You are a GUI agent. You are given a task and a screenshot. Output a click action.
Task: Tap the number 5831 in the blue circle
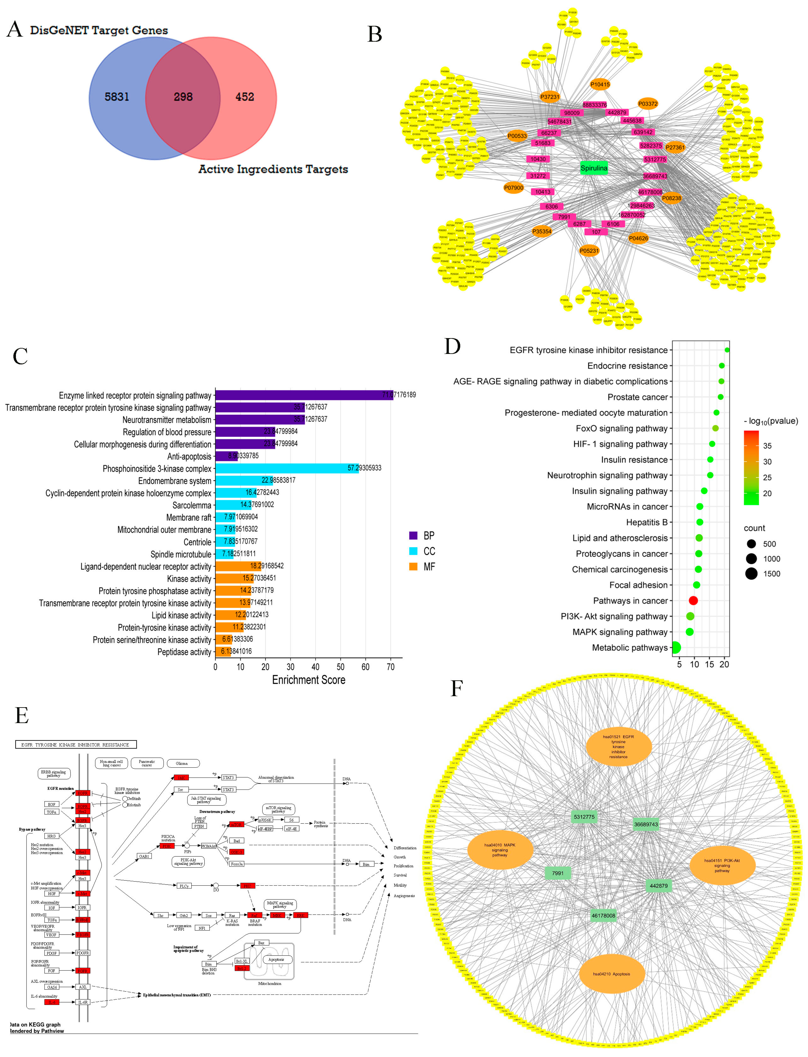click(x=117, y=97)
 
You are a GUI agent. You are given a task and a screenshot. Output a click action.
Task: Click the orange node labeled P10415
click(x=600, y=85)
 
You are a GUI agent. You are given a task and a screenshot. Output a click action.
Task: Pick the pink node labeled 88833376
click(x=595, y=105)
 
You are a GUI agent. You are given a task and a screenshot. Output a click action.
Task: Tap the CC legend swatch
click(x=413, y=551)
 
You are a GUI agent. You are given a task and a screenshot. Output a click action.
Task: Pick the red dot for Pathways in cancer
click(x=693, y=600)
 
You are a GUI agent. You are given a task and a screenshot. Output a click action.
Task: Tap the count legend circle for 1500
click(x=751, y=574)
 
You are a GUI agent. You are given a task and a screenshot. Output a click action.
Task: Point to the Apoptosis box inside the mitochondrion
click(x=276, y=959)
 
